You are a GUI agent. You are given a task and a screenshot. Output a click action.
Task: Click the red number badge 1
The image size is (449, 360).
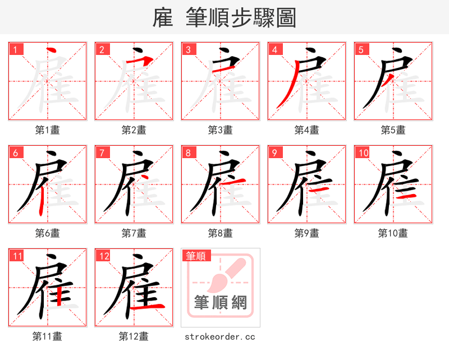click(16, 49)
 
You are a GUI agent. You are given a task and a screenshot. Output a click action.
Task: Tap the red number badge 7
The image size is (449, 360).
click(102, 153)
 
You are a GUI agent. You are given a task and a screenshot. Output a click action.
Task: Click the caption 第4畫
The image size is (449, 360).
click(306, 130)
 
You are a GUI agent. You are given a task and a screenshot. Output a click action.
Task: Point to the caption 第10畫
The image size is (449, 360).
click(393, 233)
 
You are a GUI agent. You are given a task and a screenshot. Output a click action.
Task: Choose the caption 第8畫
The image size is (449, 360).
click(220, 233)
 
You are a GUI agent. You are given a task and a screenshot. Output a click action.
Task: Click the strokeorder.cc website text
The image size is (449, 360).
click(220, 336)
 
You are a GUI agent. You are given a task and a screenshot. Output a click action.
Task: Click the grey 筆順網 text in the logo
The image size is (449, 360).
click(221, 303)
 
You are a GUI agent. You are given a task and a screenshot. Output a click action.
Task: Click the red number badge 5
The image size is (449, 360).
click(361, 49)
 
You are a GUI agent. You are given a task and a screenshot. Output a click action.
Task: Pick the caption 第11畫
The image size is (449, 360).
click(47, 336)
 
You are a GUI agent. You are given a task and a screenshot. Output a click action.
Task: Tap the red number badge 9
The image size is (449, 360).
click(275, 153)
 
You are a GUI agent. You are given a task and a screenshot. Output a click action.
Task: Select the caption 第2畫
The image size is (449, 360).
click(134, 130)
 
